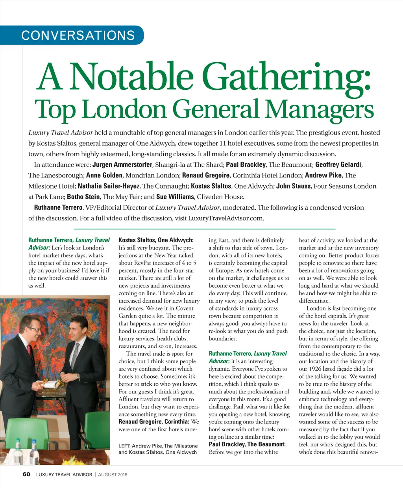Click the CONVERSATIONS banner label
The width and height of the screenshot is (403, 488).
(x=78, y=35)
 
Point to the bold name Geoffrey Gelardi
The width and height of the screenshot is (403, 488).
(x=338, y=165)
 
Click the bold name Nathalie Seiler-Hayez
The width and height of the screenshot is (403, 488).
(x=108, y=186)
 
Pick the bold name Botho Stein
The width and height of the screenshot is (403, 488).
(x=83, y=196)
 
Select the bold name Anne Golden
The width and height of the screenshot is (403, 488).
(x=104, y=175)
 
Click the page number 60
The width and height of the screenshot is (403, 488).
(x=26, y=474)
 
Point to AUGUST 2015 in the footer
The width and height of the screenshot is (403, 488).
(x=113, y=475)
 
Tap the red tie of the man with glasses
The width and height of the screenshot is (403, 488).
(x=29, y=350)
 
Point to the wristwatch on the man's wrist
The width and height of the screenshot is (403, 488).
(x=78, y=377)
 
